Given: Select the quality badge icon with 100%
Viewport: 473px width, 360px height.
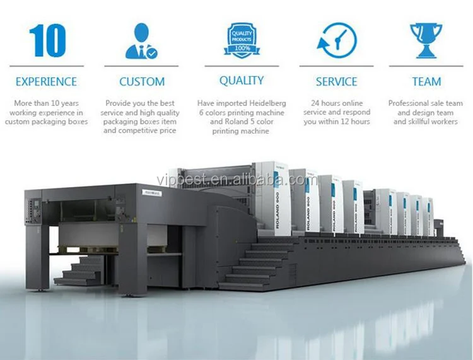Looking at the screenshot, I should pyautogui.click(x=241, y=38).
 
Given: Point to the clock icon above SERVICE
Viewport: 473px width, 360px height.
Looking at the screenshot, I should pyautogui.click(x=337, y=40).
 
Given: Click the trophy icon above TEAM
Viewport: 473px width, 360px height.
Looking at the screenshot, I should pyautogui.click(x=426, y=39).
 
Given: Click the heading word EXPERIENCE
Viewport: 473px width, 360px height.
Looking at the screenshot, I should pyautogui.click(x=46, y=82).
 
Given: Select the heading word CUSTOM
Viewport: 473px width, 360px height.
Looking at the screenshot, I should pyautogui.click(x=142, y=82).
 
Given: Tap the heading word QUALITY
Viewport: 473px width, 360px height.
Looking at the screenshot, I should pyautogui.click(x=241, y=81).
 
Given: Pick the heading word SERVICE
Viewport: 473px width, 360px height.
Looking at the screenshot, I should pyautogui.click(x=337, y=82).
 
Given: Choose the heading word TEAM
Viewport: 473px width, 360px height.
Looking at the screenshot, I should pyautogui.click(x=426, y=82).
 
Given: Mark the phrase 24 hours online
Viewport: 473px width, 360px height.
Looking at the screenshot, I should pyautogui.click(x=336, y=103).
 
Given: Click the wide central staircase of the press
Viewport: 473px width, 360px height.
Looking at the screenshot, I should pyautogui.click(x=252, y=265).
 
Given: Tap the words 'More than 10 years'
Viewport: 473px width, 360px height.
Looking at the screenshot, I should pyautogui.click(x=45, y=103).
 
